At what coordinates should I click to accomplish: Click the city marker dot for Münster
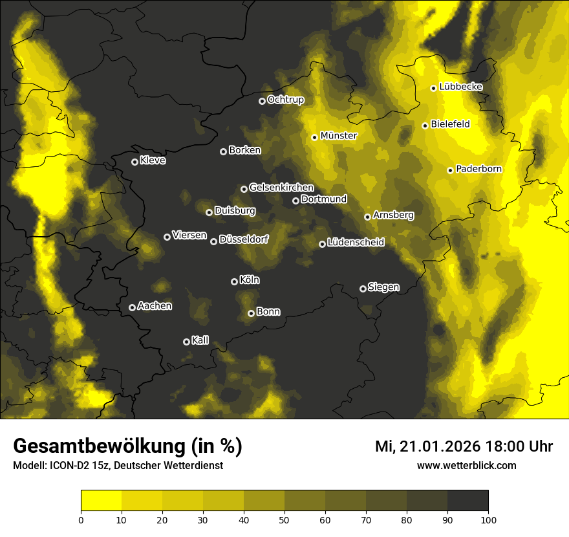(x=314, y=137)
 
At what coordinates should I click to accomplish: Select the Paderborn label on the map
(x=479, y=170)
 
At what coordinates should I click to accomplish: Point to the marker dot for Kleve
(x=134, y=162)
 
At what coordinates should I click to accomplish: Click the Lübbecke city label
(x=460, y=87)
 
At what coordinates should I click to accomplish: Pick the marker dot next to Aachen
(x=132, y=307)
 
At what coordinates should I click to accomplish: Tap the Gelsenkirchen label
(x=281, y=188)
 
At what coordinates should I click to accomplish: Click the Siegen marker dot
(x=363, y=289)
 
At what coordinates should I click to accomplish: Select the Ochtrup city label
(x=285, y=100)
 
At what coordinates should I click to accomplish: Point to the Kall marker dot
(x=186, y=342)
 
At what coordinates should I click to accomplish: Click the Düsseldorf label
(x=244, y=240)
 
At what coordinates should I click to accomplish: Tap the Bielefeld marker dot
(x=425, y=126)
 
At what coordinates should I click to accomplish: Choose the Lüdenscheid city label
(x=356, y=243)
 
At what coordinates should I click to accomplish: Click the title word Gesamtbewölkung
(x=96, y=446)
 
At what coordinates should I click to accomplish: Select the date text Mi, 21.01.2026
(x=426, y=446)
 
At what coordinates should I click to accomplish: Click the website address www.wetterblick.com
(x=466, y=466)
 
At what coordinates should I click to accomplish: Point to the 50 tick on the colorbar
(x=284, y=519)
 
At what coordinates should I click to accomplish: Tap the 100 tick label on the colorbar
(x=488, y=519)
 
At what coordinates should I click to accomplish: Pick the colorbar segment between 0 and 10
(x=102, y=500)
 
